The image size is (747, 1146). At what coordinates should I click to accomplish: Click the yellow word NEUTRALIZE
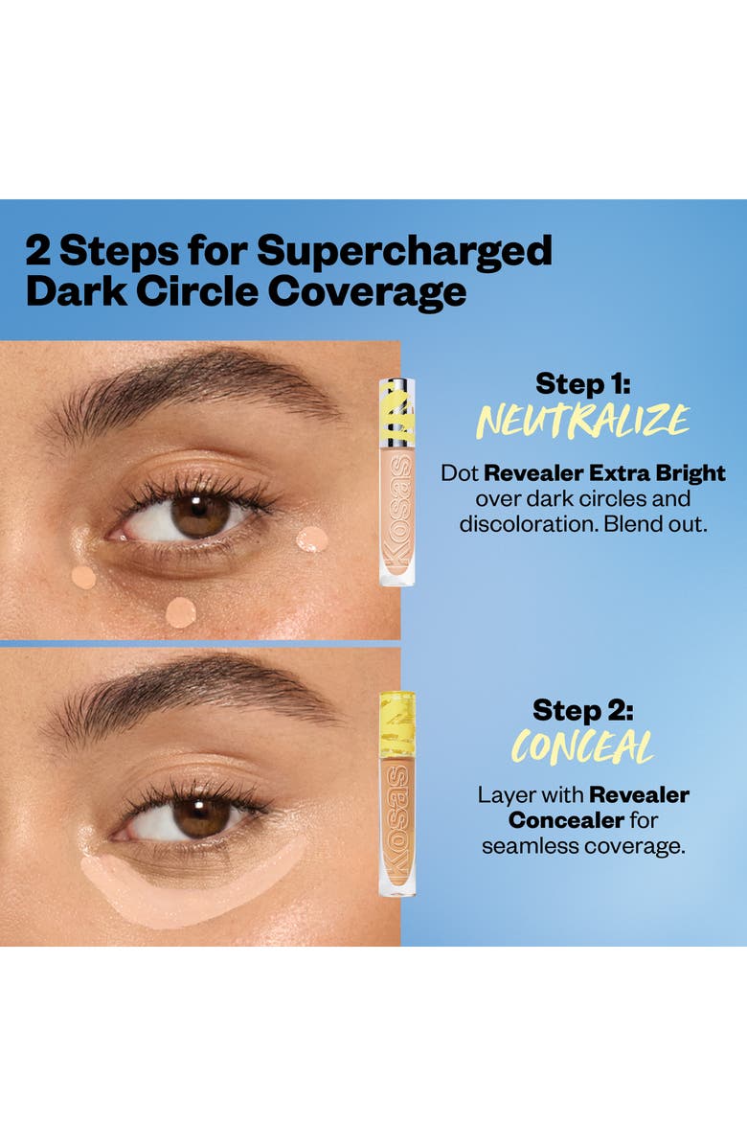[583, 421]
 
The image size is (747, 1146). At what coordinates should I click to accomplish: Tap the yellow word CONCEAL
[582, 747]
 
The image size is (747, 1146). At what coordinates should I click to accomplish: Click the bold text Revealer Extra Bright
[604, 473]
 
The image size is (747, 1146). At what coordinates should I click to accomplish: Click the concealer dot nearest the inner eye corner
[83, 577]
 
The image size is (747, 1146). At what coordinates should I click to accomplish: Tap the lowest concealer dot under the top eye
[180, 611]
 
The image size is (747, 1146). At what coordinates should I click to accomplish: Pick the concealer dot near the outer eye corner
[312, 539]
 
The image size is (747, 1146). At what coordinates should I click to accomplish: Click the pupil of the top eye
[201, 516]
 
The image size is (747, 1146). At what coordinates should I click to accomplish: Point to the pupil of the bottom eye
[201, 816]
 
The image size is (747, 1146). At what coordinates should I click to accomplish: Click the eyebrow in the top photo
[192, 381]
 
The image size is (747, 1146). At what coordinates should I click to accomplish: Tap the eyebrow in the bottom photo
[192, 686]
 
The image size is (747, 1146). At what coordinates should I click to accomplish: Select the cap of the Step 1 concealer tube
[396, 412]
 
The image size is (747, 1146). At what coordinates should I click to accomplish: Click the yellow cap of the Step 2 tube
[396, 724]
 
